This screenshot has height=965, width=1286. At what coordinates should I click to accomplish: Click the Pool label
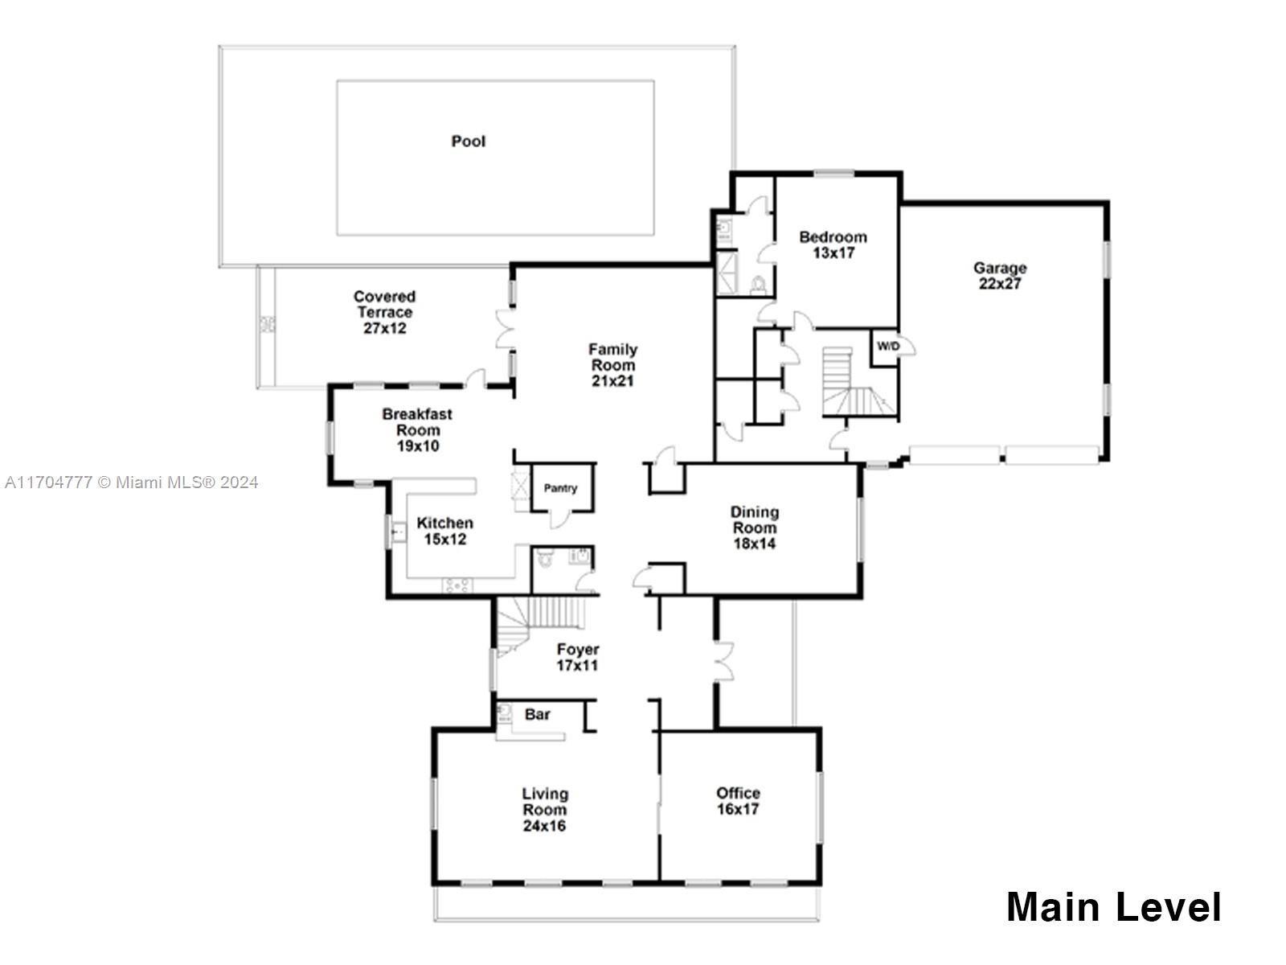point(468,142)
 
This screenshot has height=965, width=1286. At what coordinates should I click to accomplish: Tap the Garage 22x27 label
point(999,276)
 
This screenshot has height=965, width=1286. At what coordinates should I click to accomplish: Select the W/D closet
point(887,347)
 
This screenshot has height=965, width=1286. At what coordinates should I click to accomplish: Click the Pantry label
point(560,488)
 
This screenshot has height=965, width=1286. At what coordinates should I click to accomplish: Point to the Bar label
point(537,714)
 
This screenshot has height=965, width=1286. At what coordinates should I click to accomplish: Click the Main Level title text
point(1113,907)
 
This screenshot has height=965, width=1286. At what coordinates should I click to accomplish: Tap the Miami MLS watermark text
point(131,482)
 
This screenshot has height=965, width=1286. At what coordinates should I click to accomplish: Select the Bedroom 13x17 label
point(833,244)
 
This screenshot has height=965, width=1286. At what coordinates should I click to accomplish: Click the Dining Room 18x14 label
point(754,528)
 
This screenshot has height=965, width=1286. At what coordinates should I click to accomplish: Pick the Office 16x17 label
point(738,801)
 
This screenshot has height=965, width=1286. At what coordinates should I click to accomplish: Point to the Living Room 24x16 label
point(544,810)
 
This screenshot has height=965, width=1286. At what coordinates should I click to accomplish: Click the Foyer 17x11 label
point(577,657)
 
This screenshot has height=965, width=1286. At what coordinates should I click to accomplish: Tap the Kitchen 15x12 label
point(444,531)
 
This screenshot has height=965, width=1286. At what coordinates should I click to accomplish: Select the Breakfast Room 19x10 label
point(417,430)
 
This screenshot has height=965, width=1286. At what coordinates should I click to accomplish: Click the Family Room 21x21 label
point(612,365)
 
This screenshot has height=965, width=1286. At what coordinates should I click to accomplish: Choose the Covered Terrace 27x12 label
point(384,312)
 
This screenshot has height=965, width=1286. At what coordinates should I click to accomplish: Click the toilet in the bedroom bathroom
point(756,285)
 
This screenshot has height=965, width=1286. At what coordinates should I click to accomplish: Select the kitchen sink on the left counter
point(397,532)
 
